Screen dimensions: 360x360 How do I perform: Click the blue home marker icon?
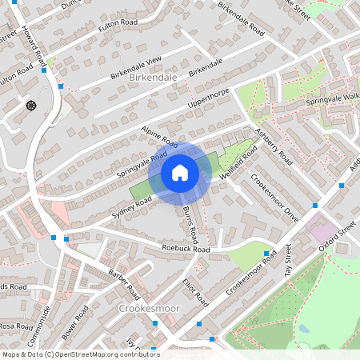pyautogui.click(x=179, y=173)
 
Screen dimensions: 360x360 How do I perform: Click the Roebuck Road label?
pyautogui.click(x=186, y=249)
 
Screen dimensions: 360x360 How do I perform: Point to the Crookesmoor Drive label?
pyautogui.click(x=274, y=196)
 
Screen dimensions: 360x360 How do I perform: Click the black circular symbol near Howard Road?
pyautogui.click(x=31, y=105)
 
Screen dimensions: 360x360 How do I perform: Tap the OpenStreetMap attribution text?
pyautogui.click(x=81, y=354)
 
